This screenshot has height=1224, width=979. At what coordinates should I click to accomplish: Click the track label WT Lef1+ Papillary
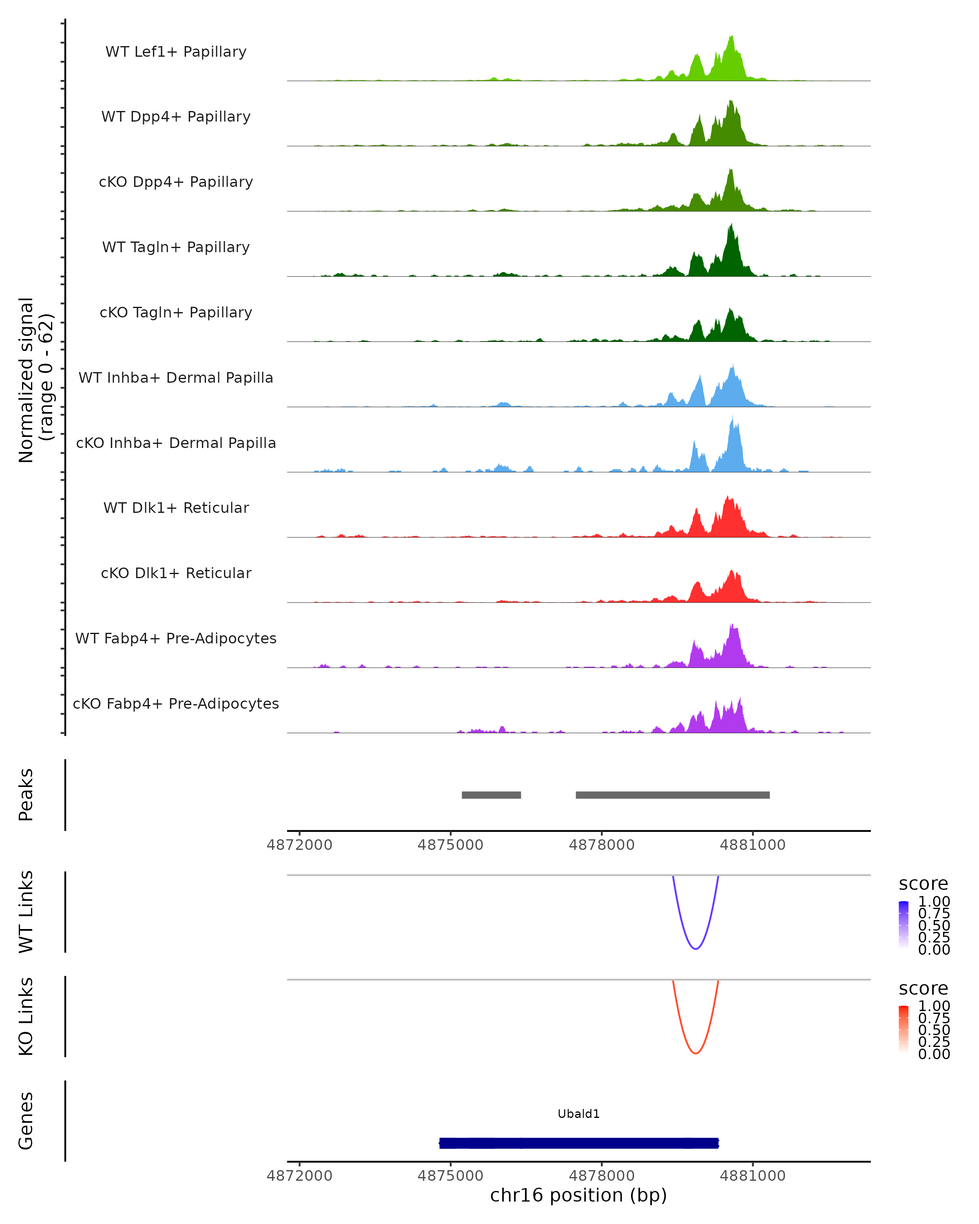tap(176, 52)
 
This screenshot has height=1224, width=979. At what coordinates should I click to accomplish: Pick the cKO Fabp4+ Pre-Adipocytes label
tap(176, 703)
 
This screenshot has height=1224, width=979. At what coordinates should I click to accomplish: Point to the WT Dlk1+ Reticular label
tap(176, 508)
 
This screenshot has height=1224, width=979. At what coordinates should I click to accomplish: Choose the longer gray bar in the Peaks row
tap(673, 795)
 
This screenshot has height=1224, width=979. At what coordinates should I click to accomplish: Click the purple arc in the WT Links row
tap(695, 948)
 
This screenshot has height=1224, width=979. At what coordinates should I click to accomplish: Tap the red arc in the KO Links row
tap(695, 1053)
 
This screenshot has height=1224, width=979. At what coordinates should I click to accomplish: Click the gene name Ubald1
tap(578, 1114)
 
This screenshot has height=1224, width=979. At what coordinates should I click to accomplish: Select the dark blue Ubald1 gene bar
tap(579, 1143)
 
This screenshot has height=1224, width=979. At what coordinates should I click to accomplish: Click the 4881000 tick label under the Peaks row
tap(753, 845)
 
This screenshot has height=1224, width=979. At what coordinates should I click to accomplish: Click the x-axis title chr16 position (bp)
tap(578, 1195)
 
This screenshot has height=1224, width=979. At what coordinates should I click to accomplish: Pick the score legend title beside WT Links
tap(924, 884)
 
